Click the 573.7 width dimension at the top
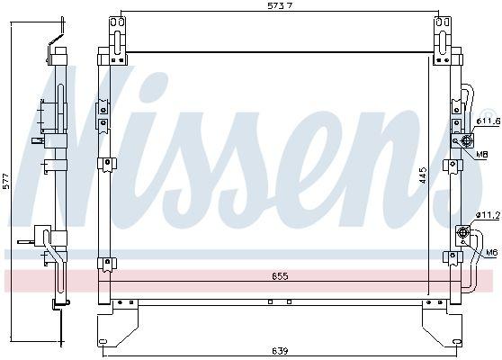tap(275, 7)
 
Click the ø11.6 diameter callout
tap(487, 121)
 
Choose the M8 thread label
tap(482, 154)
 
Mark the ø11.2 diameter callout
tap(487, 214)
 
